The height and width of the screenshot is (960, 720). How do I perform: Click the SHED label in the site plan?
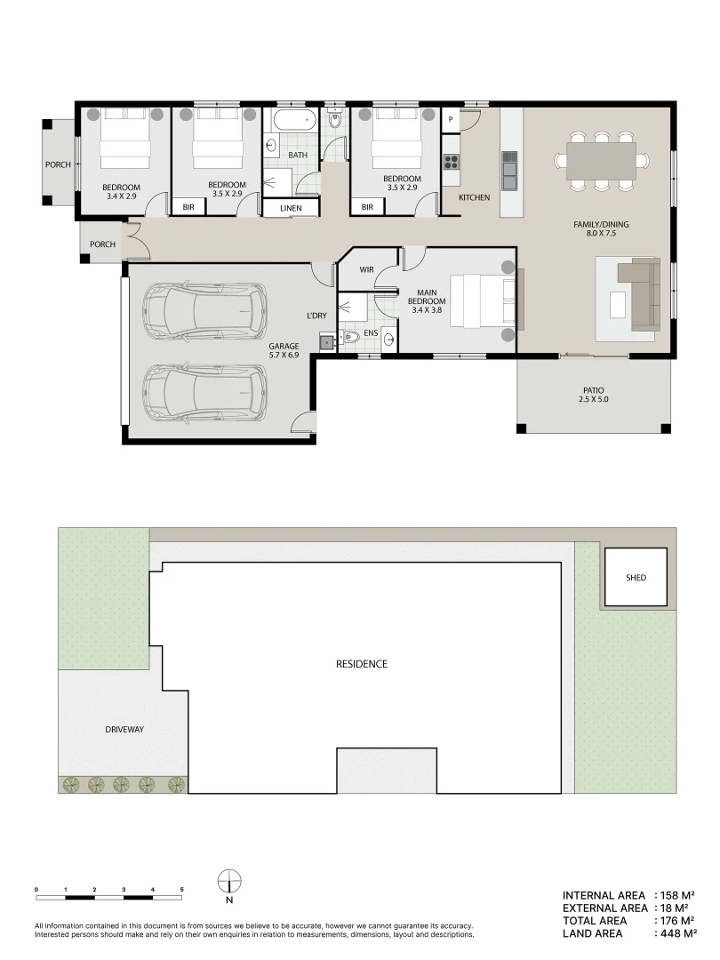pos(636,578)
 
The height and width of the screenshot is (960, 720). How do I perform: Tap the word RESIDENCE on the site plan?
pos(361,664)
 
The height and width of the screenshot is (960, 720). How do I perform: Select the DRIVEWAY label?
pos(123,730)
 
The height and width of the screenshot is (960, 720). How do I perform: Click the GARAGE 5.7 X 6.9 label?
pos(284,351)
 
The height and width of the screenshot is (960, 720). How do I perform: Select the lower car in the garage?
pos(205,391)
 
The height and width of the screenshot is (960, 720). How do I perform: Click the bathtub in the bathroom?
pos(293,121)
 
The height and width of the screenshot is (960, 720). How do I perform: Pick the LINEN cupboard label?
pos(291,209)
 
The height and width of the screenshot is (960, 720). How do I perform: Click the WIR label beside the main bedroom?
pos(366,268)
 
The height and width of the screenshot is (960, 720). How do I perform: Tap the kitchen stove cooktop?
pos(451,161)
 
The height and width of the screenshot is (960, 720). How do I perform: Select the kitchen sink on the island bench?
pos(509,169)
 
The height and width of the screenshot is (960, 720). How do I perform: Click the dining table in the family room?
pos(601,161)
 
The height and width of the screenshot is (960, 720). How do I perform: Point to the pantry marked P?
pos(451,119)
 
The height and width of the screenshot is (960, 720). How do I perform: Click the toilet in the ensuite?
pos(352,337)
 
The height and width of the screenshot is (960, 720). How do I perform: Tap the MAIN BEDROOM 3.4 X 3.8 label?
pos(426,300)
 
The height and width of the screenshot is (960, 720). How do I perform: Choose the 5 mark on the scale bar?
pos(181,889)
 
